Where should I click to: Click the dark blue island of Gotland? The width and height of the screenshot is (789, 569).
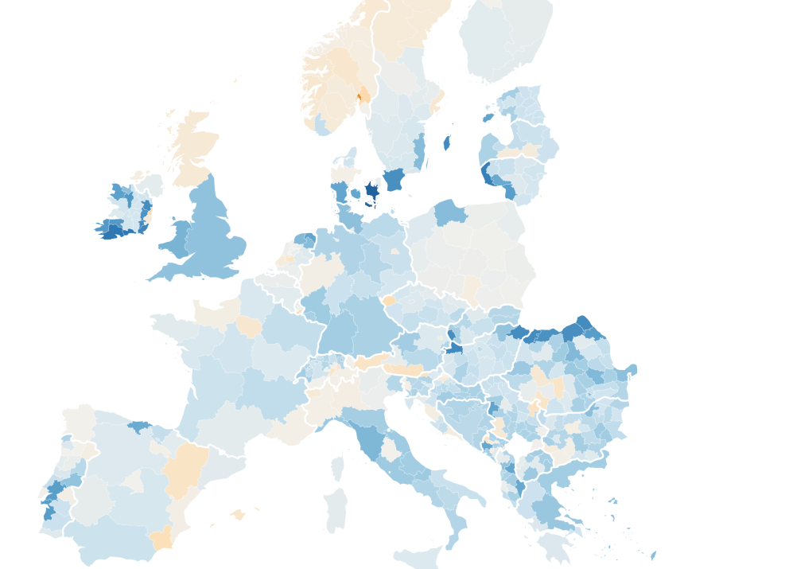(x=446, y=143)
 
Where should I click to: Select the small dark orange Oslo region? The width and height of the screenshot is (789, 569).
(x=359, y=97)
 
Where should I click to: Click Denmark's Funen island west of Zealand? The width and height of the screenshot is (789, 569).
(x=355, y=193)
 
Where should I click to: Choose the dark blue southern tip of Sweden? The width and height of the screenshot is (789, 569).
(x=394, y=180)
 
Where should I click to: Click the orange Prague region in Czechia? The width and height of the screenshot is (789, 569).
(x=389, y=301)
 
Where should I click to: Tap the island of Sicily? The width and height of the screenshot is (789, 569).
(x=418, y=556)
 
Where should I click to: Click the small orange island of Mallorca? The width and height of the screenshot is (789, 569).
(x=238, y=515)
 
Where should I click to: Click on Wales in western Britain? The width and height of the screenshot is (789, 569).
(x=177, y=239)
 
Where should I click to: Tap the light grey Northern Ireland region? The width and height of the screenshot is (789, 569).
(x=149, y=186)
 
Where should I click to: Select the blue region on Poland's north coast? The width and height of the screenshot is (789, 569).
(x=450, y=212)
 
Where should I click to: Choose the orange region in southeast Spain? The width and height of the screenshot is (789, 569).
(x=161, y=537)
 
